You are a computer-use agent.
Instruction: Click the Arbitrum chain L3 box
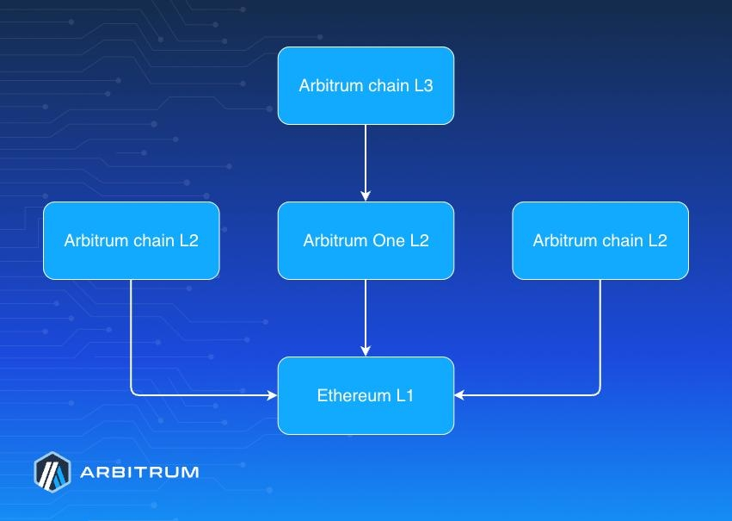click(x=366, y=86)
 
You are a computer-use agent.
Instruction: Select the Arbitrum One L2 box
click(x=366, y=241)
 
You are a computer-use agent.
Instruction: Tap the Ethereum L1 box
click(x=366, y=396)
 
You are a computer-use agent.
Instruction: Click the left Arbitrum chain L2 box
click(x=131, y=241)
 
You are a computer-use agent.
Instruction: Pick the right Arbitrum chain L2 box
click(x=600, y=241)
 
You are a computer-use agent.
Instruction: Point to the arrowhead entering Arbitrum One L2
click(x=366, y=196)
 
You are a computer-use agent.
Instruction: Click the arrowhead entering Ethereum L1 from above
click(x=366, y=351)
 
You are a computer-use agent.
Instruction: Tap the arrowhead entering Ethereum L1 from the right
click(x=459, y=395)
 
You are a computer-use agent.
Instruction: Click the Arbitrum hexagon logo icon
click(x=52, y=471)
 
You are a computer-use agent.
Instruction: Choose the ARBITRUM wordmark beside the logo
click(x=139, y=472)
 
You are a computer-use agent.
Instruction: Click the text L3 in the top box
click(x=423, y=86)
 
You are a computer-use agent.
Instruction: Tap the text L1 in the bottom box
click(x=405, y=396)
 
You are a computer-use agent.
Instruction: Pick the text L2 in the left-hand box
click(x=188, y=241)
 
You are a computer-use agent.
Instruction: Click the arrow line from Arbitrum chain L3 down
click(x=366, y=159)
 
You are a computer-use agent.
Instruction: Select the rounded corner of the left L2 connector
click(x=133, y=393)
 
